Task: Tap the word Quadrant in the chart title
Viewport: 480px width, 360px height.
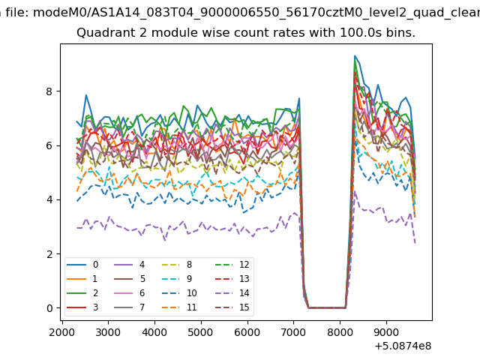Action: click(x=102, y=34)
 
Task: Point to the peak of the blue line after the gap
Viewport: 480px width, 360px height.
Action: click(x=355, y=55)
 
